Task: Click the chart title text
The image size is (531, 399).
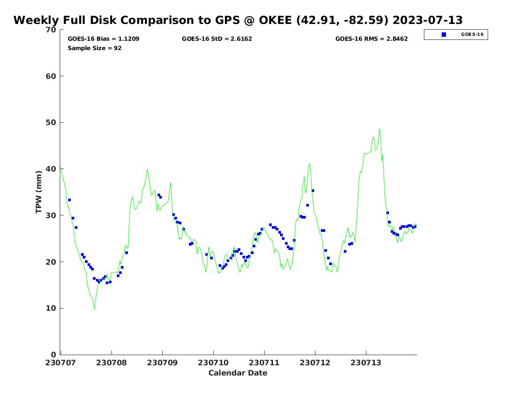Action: point(238,20)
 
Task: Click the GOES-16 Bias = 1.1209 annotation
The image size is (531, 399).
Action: point(104,39)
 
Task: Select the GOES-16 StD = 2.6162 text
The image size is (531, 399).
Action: point(217,39)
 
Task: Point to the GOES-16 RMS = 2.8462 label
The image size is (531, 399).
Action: point(371,39)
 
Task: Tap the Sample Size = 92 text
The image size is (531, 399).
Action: point(95,48)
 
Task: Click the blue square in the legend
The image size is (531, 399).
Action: point(444,35)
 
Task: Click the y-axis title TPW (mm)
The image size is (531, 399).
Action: point(39,192)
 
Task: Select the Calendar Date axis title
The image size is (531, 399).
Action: point(238,373)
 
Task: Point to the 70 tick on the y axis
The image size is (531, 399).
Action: point(51,30)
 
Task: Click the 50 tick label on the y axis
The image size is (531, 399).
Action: point(51,123)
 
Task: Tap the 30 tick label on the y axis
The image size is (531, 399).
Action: point(51,215)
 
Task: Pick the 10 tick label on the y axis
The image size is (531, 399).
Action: point(51,309)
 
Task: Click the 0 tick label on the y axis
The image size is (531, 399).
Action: point(54,355)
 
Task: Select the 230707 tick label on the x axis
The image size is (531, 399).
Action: point(61,363)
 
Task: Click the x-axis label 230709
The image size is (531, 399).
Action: point(162,363)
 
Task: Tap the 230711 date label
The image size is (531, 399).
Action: point(264,363)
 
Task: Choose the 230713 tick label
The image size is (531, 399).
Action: point(366,363)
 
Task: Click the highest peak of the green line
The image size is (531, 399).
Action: point(380,129)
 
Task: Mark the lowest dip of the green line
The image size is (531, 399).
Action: point(94,309)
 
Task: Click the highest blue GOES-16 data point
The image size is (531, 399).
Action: point(313,191)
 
